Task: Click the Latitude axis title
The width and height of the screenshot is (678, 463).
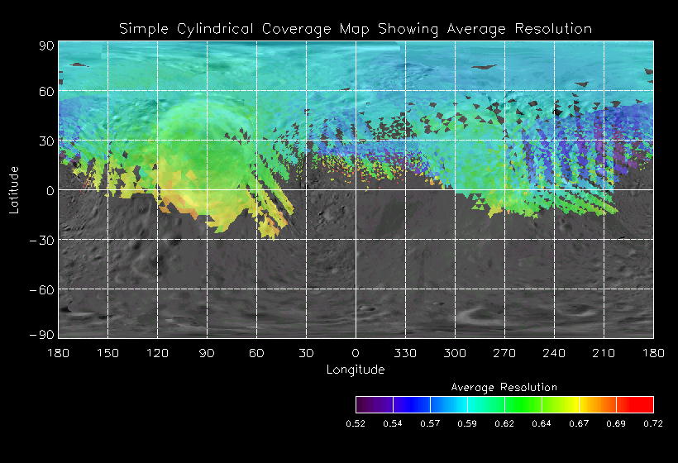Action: coord(14,189)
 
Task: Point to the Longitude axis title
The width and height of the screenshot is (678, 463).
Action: coord(356,370)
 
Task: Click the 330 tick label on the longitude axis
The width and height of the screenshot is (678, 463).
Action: coord(405,353)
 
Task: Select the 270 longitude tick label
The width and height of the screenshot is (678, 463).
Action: coord(504,353)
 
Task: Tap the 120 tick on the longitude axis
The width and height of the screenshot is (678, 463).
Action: coord(157,353)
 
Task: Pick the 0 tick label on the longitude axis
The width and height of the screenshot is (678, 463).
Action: coord(356,353)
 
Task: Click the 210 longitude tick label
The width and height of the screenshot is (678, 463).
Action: coord(604,353)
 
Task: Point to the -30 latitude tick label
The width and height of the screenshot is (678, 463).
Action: coord(41,240)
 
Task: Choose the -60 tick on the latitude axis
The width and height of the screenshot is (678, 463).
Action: coord(41,289)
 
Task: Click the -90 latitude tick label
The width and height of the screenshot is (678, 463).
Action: coord(41,334)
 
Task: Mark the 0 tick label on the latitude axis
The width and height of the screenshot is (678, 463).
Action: coord(50,190)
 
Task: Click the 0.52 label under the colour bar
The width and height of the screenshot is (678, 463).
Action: coord(356,423)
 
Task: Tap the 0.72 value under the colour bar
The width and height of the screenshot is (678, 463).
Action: coord(653,423)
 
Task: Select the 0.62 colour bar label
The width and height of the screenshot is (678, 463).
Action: coord(504,423)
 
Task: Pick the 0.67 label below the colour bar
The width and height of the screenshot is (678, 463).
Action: coord(579,423)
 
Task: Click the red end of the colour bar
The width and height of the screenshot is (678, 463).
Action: coord(645,404)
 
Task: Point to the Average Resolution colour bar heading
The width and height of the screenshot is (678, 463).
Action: coord(504,387)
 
